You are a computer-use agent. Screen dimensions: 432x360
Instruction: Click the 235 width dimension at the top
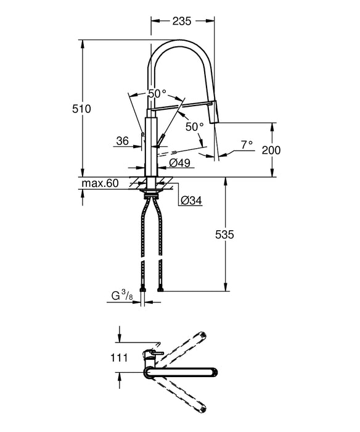coord(179,20)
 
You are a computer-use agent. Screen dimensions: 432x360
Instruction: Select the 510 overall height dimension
coord(82,109)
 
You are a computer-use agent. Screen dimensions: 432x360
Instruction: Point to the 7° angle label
coord(246,145)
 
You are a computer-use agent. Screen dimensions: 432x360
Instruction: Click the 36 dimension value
coord(122,141)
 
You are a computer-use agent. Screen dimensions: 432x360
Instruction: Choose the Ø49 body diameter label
coord(179,164)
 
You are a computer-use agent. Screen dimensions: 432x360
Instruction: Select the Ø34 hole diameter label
coord(191,200)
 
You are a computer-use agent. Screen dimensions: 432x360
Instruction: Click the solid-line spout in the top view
coord(185,372)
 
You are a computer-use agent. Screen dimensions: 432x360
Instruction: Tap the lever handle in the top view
coord(154,353)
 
